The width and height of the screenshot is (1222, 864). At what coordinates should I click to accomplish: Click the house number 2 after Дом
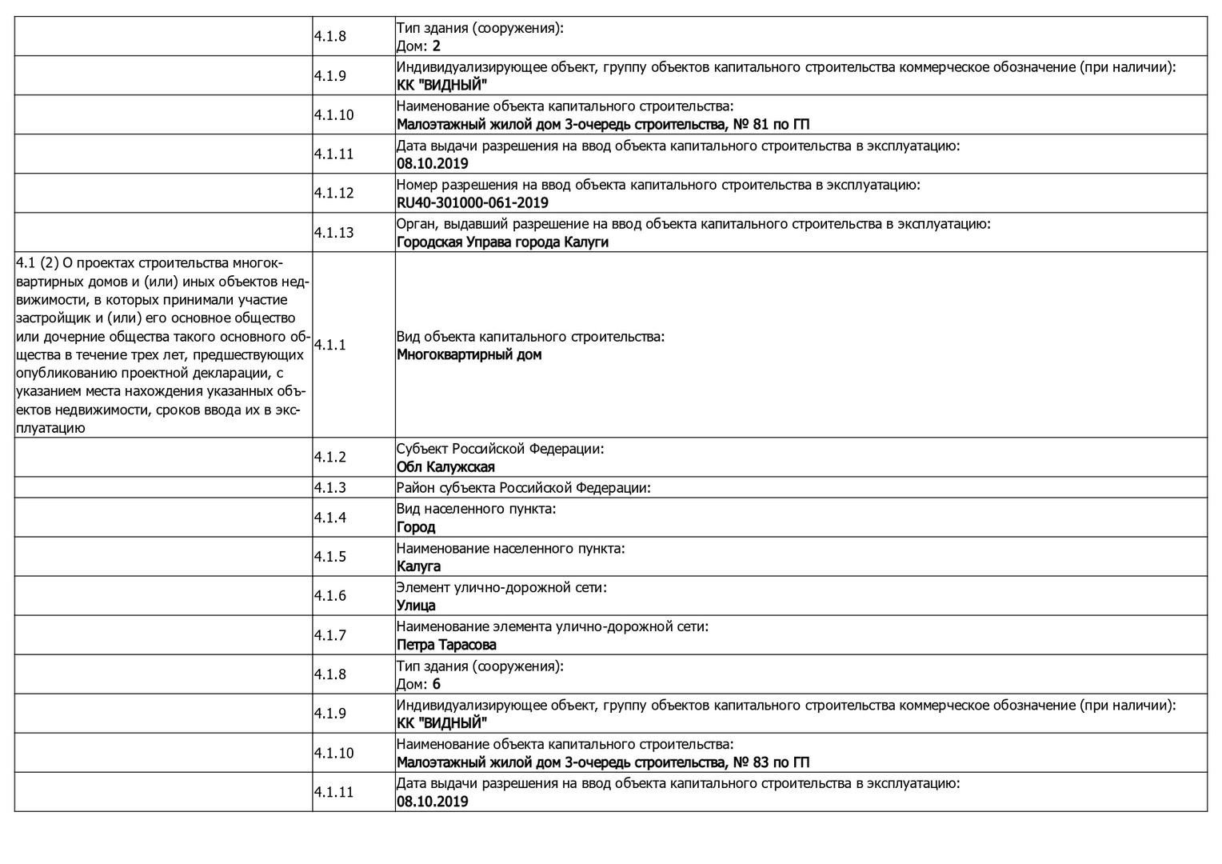click(437, 46)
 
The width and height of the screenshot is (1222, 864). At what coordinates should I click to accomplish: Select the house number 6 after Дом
click(437, 684)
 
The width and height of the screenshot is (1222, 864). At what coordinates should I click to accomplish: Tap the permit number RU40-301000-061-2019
click(472, 203)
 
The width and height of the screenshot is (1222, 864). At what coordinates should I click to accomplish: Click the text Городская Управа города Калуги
click(502, 242)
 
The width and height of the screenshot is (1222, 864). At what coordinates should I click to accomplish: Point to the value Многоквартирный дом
click(469, 354)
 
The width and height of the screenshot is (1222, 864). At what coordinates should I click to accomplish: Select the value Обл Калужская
click(445, 467)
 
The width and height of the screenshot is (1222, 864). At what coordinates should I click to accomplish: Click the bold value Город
click(416, 527)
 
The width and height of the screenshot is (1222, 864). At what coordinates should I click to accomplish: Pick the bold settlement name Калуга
click(418, 566)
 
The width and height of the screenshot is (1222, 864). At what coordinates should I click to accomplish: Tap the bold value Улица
click(416, 606)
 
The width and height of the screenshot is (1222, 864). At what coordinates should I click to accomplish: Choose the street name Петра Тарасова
click(446, 645)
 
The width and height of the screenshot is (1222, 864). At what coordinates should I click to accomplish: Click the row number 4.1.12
click(333, 193)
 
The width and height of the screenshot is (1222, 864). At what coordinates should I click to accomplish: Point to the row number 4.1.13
click(333, 233)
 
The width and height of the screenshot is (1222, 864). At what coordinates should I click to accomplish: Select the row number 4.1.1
click(329, 345)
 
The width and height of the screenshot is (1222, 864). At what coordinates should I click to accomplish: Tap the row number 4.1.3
click(329, 487)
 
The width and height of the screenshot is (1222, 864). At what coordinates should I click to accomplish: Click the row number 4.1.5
click(329, 557)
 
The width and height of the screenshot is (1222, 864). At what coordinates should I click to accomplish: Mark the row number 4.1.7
click(329, 635)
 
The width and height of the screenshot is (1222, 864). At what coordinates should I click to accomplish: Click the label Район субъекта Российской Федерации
click(523, 487)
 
